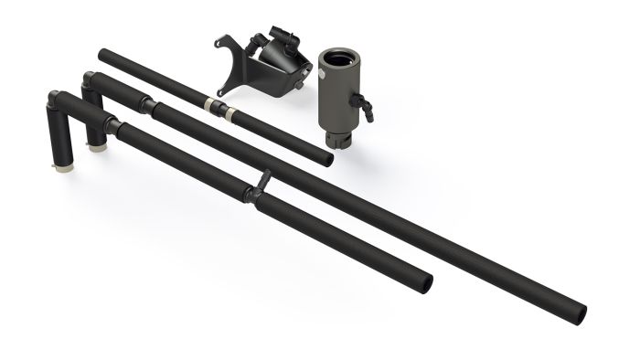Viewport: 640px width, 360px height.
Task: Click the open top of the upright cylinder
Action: (x=340, y=56)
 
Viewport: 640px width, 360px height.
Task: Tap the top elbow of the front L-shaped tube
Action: (x=55, y=100)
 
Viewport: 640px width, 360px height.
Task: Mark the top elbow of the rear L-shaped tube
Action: (x=90, y=80)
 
